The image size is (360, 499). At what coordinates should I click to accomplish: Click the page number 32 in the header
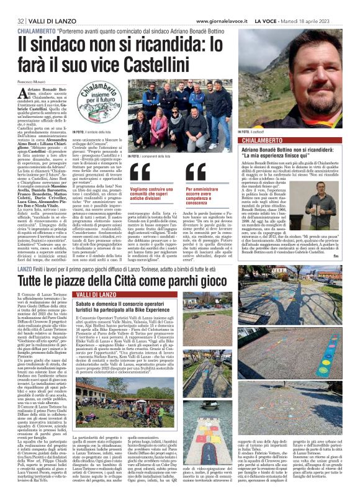click(11, 6)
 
